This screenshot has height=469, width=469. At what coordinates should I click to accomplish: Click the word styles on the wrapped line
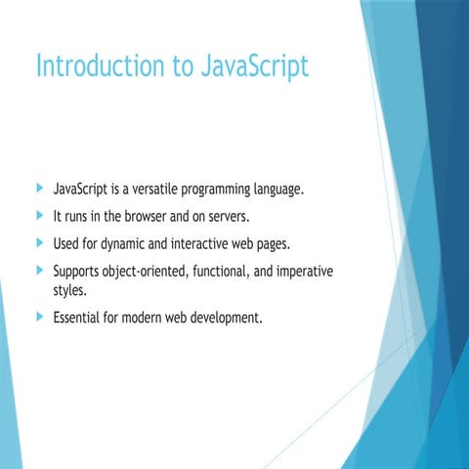point(70,290)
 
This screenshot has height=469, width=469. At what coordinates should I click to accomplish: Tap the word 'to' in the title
point(186,66)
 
